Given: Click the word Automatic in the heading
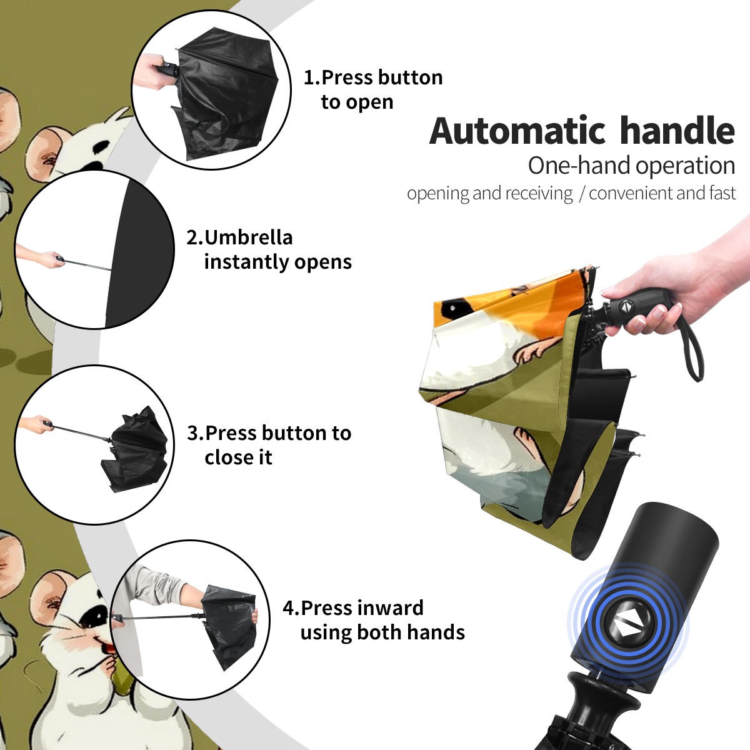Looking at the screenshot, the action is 517,131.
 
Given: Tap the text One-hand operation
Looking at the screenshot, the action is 631,166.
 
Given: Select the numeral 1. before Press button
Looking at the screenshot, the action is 311,77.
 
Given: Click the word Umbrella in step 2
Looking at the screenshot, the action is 248,237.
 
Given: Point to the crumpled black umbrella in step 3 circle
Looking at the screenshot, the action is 136,448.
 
